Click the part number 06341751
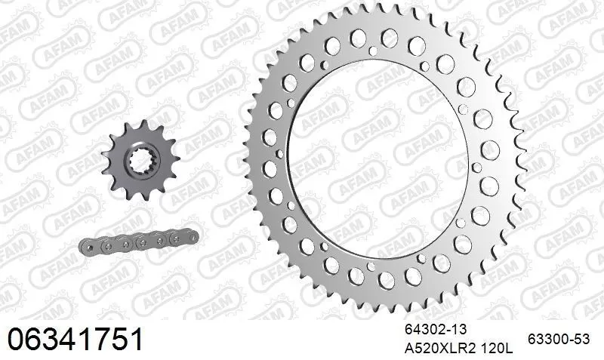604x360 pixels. [x=75, y=339]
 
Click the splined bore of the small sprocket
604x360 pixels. [x=139, y=162]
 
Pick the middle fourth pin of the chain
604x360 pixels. [x=140, y=241]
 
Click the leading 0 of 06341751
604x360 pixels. [x=17, y=339]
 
